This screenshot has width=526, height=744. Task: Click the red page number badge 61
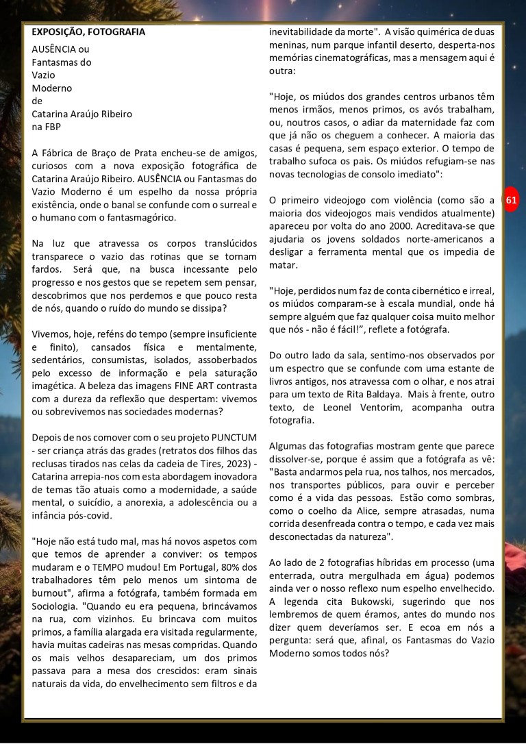click(x=512, y=200)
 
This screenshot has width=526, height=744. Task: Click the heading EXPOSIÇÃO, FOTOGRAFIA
click(x=88, y=32)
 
